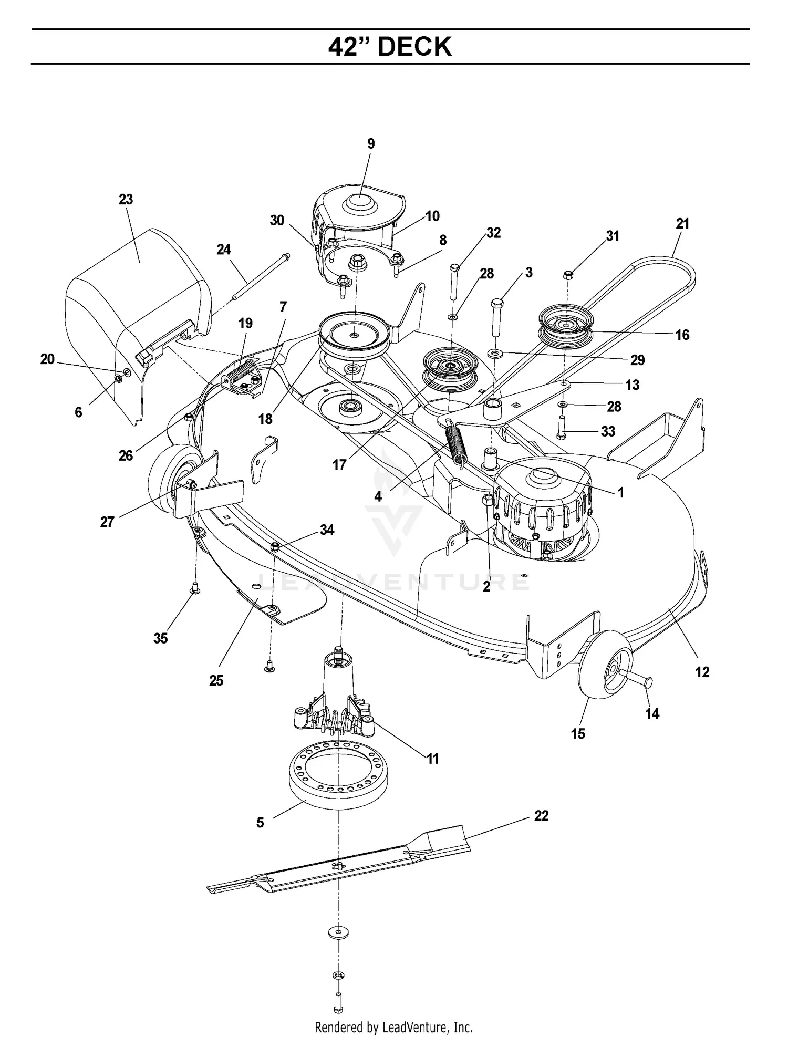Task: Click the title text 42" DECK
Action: click(390, 47)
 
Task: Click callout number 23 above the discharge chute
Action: click(126, 200)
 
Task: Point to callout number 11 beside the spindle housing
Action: click(432, 759)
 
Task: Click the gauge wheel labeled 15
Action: click(604, 670)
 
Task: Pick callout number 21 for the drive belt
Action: click(682, 224)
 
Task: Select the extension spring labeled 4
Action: click(455, 444)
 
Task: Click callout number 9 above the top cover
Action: click(371, 144)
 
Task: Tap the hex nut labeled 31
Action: click(567, 274)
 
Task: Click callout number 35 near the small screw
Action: click(161, 638)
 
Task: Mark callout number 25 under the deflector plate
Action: click(216, 681)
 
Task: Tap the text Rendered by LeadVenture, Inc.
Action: click(393, 1026)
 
